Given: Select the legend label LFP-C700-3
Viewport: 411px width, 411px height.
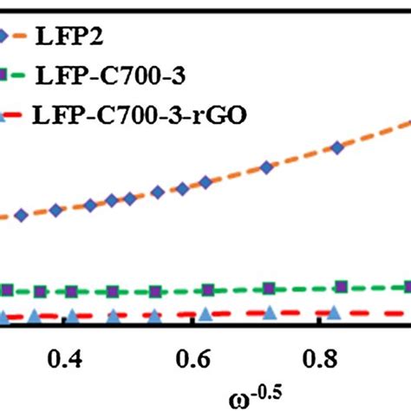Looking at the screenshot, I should click(x=108, y=75).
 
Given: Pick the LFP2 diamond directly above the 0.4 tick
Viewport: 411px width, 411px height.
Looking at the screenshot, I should click(x=56, y=210).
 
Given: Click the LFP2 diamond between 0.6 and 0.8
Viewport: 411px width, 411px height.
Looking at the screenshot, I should click(x=264, y=166).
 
